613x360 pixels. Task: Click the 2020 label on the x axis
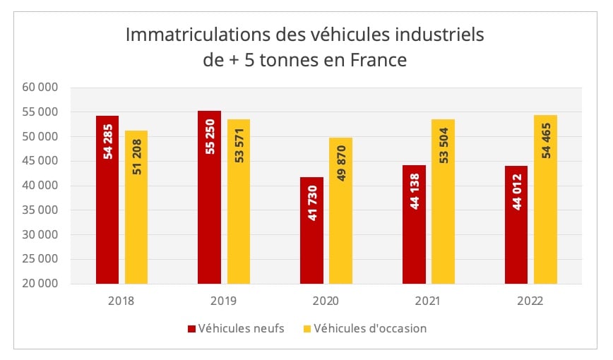pos(326,300)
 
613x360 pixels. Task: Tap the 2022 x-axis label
pos(530,300)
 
